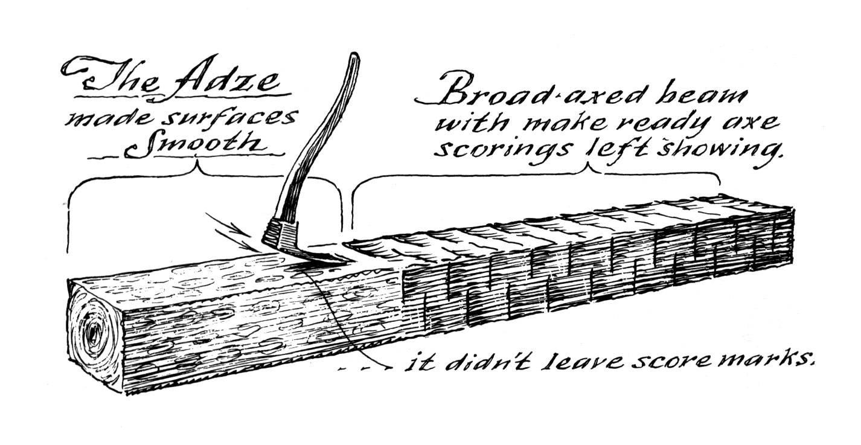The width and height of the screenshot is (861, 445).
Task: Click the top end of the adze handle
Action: [353, 57]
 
